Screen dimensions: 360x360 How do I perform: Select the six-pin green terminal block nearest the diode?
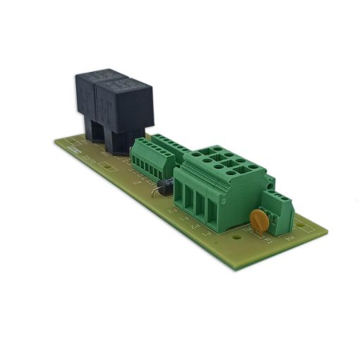(152, 158)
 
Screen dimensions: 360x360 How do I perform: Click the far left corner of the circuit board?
(55, 141)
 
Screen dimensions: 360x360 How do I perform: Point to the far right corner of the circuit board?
(327, 229)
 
